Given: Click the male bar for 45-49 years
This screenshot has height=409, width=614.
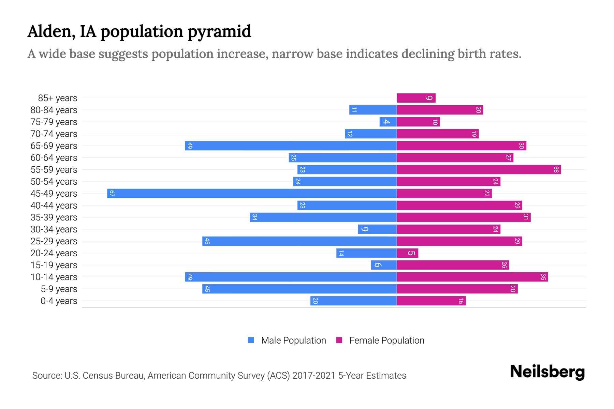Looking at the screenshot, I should pyautogui.click(x=252, y=193).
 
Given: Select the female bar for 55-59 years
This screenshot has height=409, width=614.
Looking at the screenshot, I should pyautogui.click(x=479, y=169).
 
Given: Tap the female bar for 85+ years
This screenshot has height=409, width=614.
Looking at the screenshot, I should pyautogui.click(x=416, y=98).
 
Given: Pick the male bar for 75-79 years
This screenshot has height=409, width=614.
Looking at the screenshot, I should pyautogui.click(x=388, y=122).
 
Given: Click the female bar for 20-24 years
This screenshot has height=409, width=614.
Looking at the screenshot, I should pyautogui.click(x=407, y=253).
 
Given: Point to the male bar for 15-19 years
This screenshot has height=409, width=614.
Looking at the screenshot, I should pyautogui.click(x=384, y=265).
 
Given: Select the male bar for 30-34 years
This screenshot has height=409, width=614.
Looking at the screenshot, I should pyautogui.click(x=377, y=229).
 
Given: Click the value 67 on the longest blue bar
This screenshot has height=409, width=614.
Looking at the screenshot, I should pyautogui.click(x=112, y=194).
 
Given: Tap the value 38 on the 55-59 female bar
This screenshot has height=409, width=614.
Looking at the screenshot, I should pyautogui.click(x=556, y=169).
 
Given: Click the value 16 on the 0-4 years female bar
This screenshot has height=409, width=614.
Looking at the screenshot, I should pyautogui.click(x=461, y=301).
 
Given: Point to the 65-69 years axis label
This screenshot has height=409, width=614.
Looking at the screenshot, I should pyautogui.click(x=54, y=146).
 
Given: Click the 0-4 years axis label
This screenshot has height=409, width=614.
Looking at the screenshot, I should pyautogui.click(x=59, y=301).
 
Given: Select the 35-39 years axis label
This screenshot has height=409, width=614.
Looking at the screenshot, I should pyautogui.click(x=54, y=217).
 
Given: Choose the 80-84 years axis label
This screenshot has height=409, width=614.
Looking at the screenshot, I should pyautogui.click(x=54, y=110).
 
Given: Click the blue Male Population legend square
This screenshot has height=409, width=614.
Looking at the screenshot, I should pyautogui.click(x=251, y=340).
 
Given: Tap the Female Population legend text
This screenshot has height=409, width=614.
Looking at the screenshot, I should pyautogui.click(x=386, y=340).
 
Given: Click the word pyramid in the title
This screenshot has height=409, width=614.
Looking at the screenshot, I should pyautogui.click(x=219, y=31).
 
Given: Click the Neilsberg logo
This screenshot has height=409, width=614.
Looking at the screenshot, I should pyautogui.click(x=547, y=372).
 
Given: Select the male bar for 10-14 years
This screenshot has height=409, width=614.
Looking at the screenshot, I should pyautogui.click(x=291, y=277).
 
